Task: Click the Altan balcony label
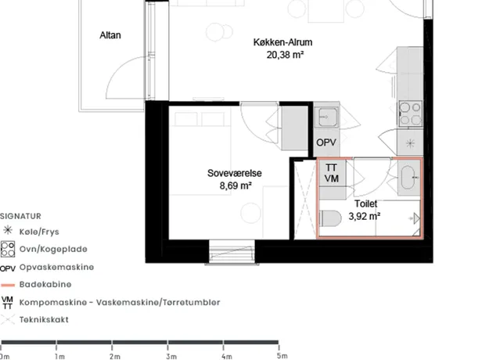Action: (110, 35)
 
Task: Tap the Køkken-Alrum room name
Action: (282, 42)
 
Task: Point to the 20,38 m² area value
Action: (285, 55)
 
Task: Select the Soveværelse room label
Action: (235, 173)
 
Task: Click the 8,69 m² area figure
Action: (236, 185)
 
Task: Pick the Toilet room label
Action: (366, 203)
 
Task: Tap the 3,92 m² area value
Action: (365, 216)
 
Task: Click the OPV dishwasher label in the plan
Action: (326, 142)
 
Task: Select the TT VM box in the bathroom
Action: (331, 173)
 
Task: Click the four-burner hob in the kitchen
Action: (411, 113)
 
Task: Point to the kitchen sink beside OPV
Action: (326, 117)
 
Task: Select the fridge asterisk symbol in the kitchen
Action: (410, 143)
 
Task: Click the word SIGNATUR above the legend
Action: (20, 216)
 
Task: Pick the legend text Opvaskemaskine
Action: (56, 268)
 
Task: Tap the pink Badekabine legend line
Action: (8, 285)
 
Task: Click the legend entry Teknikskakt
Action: (44, 320)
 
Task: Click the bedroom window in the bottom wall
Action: (232, 252)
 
